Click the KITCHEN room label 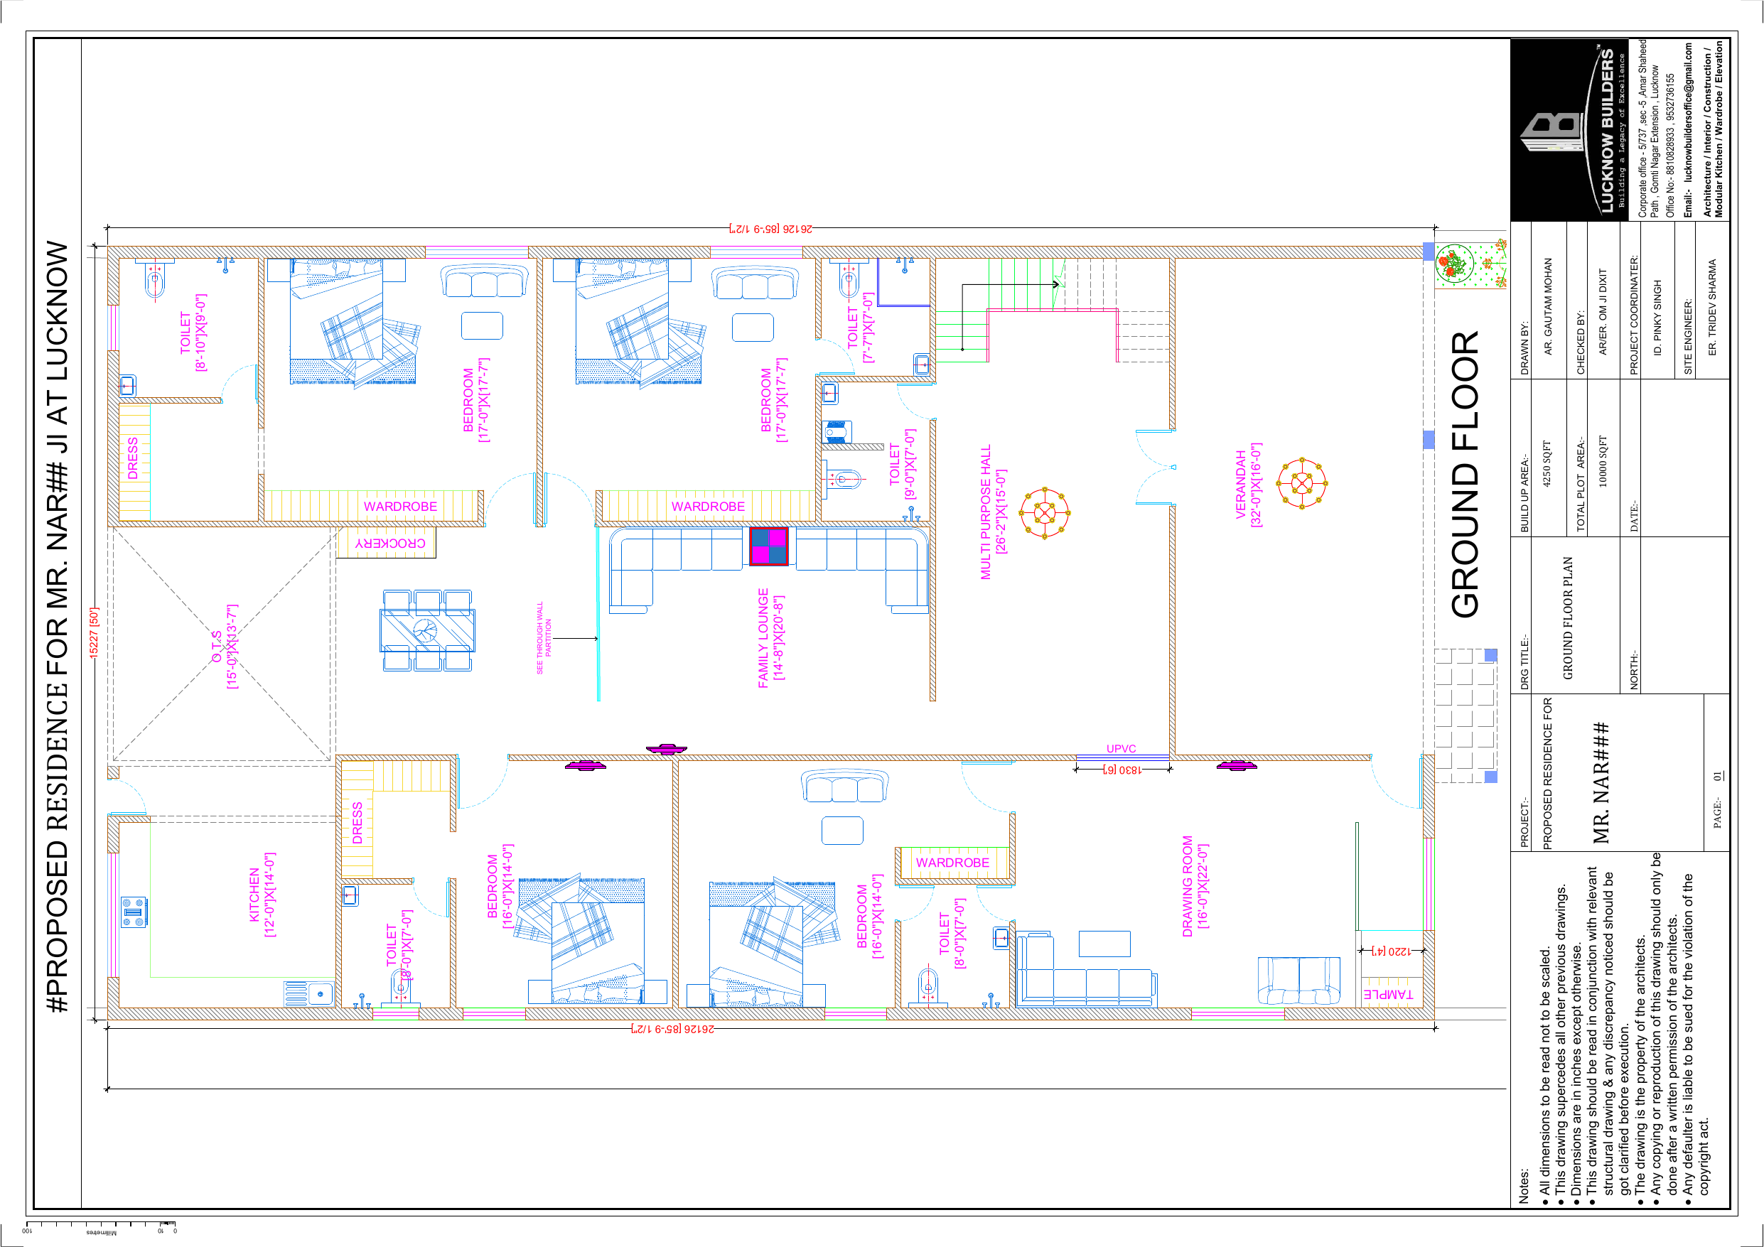click(254, 895)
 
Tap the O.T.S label click(217, 647)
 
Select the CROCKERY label click(390, 544)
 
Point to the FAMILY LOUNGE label click(763, 638)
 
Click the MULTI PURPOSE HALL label click(986, 512)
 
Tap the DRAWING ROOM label click(1187, 886)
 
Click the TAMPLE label click(1388, 994)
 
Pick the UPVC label click(1121, 748)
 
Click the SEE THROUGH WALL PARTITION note click(544, 638)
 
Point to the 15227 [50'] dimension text click(94, 632)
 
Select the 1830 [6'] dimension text click(1122, 769)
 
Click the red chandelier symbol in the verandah click(1302, 483)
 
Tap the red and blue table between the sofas click(769, 546)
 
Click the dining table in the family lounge click(427, 630)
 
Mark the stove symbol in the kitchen click(134, 912)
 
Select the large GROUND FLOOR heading click(1464, 474)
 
